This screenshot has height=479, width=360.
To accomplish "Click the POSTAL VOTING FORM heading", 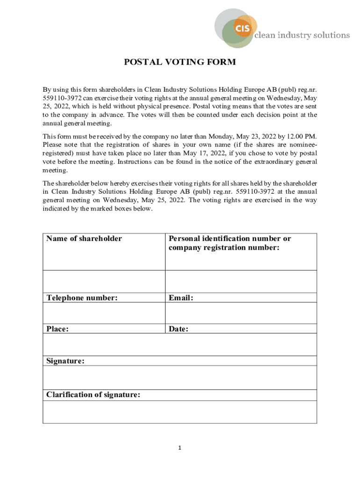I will point(180,62).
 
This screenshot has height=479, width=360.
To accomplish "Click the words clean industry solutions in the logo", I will point(302,35).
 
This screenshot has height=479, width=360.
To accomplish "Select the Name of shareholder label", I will point(84,239).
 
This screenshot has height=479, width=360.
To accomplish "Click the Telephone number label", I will point(82,298).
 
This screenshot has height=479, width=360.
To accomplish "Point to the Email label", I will point(181,298).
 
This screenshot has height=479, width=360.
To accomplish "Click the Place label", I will point(58,329).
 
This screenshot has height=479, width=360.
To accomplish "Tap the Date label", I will point(179,329).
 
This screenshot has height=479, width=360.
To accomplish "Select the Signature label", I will point(65,361).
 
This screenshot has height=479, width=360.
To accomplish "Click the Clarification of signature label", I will point(93,395).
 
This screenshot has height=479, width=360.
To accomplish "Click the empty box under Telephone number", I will point(104,313).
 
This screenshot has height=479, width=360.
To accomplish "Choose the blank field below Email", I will point(241,313).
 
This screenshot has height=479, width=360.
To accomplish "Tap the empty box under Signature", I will point(180,377).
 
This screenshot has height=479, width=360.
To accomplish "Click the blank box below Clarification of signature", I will point(180,412).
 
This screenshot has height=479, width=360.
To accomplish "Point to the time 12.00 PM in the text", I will point(301,137).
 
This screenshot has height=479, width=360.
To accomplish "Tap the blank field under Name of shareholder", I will point(104,281).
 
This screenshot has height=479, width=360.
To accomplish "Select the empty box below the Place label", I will point(104,345).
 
